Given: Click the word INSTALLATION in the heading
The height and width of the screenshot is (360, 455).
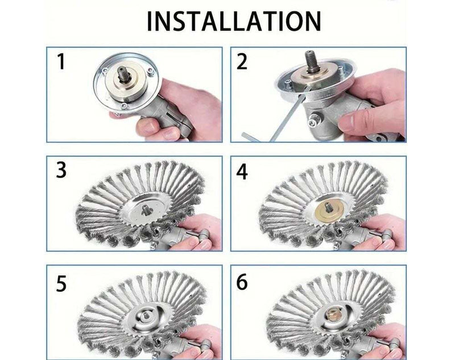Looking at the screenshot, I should [234, 21].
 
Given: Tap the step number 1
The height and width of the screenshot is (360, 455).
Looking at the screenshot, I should [60, 61].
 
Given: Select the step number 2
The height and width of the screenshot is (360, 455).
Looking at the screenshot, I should [242, 61].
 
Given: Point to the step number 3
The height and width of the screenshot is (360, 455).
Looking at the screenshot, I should [61, 170].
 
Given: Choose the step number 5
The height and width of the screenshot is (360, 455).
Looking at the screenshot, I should [61, 282].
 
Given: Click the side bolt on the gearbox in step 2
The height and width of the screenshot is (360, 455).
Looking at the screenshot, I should [313, 121].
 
